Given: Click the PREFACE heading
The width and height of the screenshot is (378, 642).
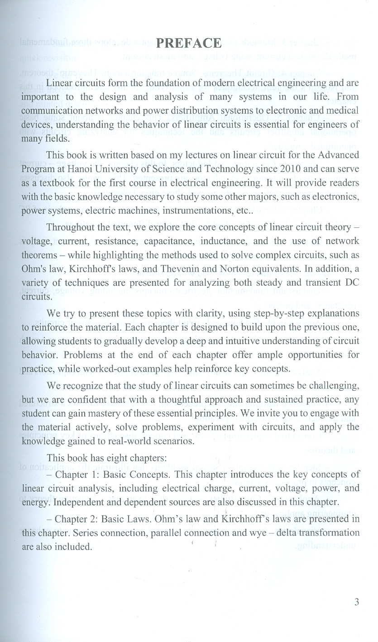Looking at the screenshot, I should click(188, 43).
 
